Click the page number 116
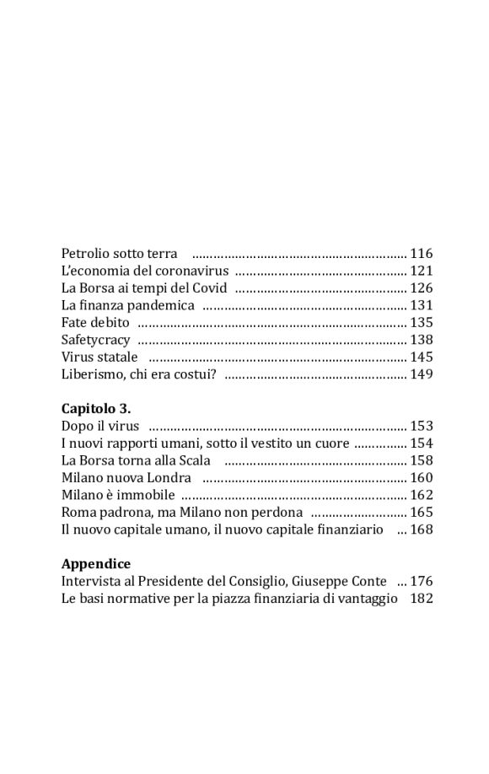421,253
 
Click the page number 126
421,288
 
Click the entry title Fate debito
95,322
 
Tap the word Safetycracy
96,340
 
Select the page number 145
421,357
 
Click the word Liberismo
91,374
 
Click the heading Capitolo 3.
96,409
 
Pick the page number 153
421,426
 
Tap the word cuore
330,443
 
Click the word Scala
192,460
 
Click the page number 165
421,513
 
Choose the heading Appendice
96,564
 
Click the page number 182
421,599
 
